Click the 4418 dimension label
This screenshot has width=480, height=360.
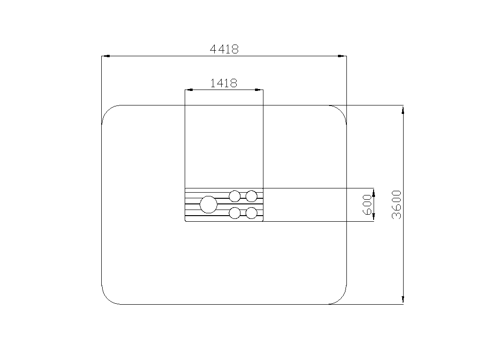point(224,49)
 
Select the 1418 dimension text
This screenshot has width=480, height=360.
point(224,83)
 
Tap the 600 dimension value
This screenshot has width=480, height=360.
point(367,204)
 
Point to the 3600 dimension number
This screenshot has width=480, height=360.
point(397,204)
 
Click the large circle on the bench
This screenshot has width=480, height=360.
point(209,204)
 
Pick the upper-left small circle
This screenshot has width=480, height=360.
point(235,196)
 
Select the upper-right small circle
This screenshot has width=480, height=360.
point(251,196)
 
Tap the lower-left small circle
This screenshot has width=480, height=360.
point(235,213)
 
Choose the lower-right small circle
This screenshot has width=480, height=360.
point(251,213)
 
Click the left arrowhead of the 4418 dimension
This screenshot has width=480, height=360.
point(105,56)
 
